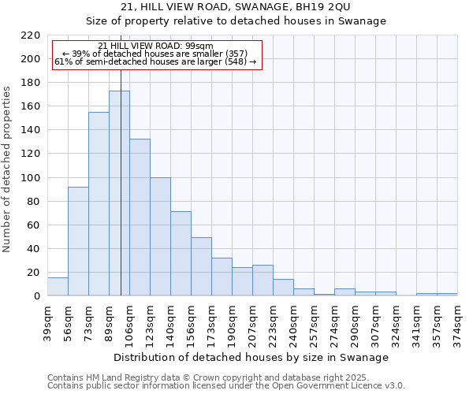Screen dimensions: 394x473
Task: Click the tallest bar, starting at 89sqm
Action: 119,193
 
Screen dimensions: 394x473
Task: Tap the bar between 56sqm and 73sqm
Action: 78,241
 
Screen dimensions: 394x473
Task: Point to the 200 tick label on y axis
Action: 31,59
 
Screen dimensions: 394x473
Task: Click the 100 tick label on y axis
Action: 31,177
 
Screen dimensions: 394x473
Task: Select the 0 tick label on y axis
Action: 36,296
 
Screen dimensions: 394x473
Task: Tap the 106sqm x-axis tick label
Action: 129,322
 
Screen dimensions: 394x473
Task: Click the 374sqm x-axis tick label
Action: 457,322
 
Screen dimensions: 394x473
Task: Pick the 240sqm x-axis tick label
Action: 293,322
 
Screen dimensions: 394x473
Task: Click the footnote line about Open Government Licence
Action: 226,385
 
